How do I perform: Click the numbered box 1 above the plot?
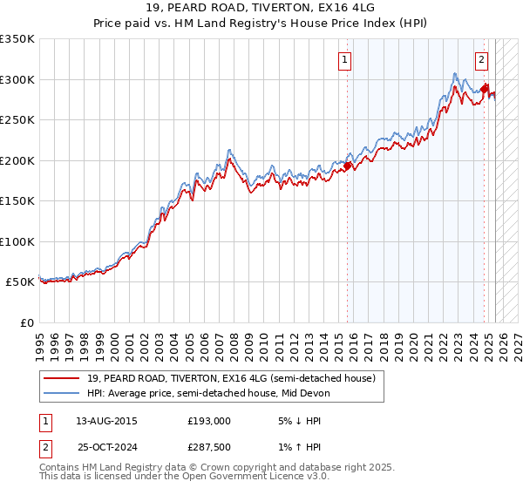pos(345,60)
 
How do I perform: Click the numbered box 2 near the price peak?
pos(481,60)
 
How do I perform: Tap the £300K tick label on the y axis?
pos(17,79)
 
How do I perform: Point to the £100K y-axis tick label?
pos(17,241)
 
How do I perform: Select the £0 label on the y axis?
pos(28,322)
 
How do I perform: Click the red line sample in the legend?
pos(63,378)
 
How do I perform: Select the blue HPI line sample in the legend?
pos(63,393)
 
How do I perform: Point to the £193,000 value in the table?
pos(208,421)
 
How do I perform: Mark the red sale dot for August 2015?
pos(347,165)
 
